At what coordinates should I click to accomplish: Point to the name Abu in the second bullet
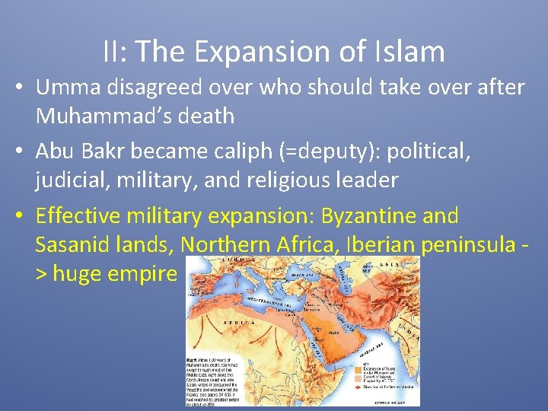(x=58, y=152)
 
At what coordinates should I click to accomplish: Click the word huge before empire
(x=84, y=273)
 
